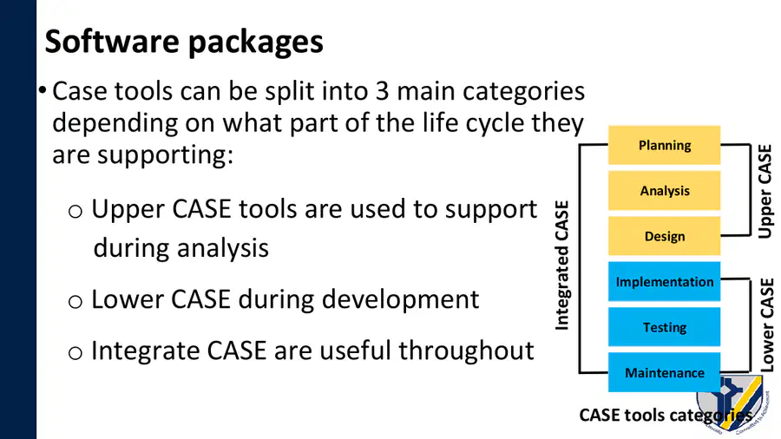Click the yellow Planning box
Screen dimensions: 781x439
[664, 145]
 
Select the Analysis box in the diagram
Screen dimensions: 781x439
[664, 191]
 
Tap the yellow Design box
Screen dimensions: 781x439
[664, 236]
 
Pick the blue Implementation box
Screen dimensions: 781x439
[664, 282]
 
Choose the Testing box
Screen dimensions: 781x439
[664, 327]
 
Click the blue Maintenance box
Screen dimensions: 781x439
[664, 373]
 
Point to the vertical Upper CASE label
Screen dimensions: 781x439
[765, 191]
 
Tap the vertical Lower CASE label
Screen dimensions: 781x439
[766, 324]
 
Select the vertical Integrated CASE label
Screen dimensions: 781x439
[561, 265]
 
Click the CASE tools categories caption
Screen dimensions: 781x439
[666, 415]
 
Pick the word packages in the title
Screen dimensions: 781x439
[256, 43]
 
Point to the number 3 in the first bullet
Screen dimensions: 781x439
[382, 91]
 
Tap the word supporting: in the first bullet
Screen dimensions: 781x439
[166, 155]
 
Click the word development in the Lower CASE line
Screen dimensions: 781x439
[400, 299]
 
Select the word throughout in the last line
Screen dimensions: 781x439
[466, 351]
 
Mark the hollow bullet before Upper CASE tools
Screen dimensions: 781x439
[75, 212]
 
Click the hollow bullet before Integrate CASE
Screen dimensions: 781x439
[75, 353]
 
